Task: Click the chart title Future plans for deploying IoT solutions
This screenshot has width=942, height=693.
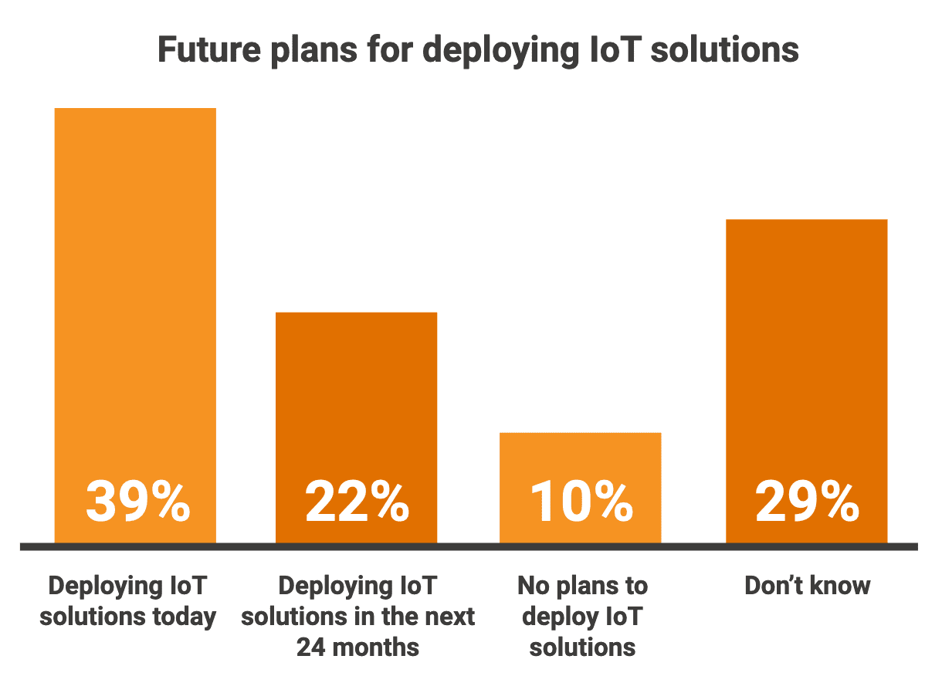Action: (x=478, y=50)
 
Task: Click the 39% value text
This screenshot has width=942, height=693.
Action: (x=137, y=502)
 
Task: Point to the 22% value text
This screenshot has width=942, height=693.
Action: (x=357, y=502)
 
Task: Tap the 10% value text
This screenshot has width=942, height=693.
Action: (x=581, y=502)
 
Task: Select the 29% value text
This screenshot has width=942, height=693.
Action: (x=807, y=502)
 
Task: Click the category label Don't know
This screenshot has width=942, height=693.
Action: (x=807, y=586)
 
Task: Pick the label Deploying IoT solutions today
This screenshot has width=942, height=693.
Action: (x=128, y=601)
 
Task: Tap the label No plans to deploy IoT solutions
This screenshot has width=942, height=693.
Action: (x=582, y=616)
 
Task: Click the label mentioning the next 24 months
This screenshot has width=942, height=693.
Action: (x=357, y=616)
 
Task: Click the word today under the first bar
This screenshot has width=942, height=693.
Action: (x=184, y=617)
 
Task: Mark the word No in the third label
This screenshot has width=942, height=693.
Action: (x=530, y=586)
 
